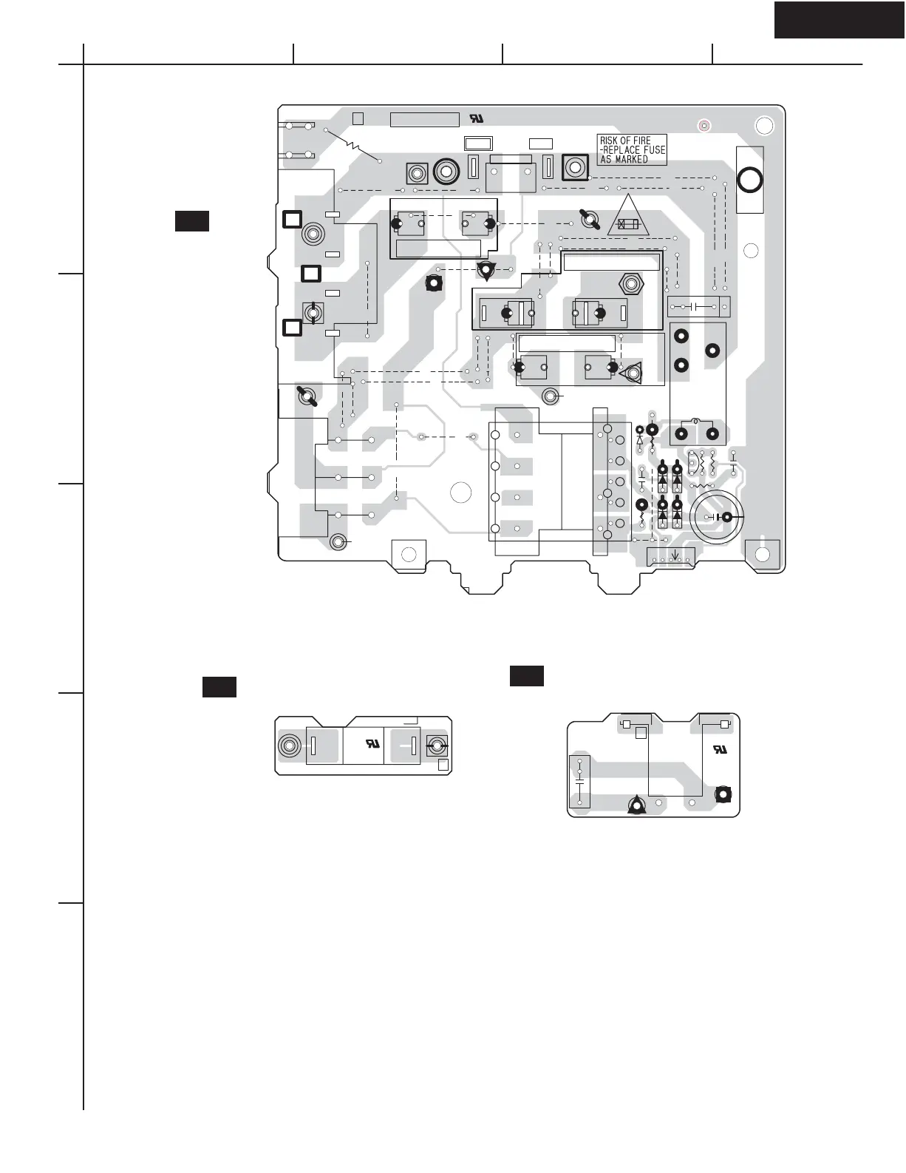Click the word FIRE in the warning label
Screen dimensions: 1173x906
tap(641, 141)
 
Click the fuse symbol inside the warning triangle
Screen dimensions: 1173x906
tap(627, 224)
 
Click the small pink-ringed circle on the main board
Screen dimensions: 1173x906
tap(704, 126)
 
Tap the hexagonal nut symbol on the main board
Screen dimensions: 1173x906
tap(630, 283)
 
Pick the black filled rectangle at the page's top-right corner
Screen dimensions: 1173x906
tap(839, 19)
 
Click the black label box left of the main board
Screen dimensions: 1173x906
tap(191, 221)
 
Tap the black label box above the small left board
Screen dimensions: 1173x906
tap(219, 687)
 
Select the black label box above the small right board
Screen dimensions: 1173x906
tap(526, 676)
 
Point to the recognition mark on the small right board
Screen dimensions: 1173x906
tap(719, 749)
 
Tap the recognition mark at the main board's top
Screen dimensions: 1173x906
tap(477, 119)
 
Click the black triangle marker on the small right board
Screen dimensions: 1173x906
tap(636, 805)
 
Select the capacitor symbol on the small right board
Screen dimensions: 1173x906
tap(579, 780)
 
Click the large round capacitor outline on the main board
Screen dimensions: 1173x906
tap(716, 516)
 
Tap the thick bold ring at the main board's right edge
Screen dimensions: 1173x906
tap(749, 180)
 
